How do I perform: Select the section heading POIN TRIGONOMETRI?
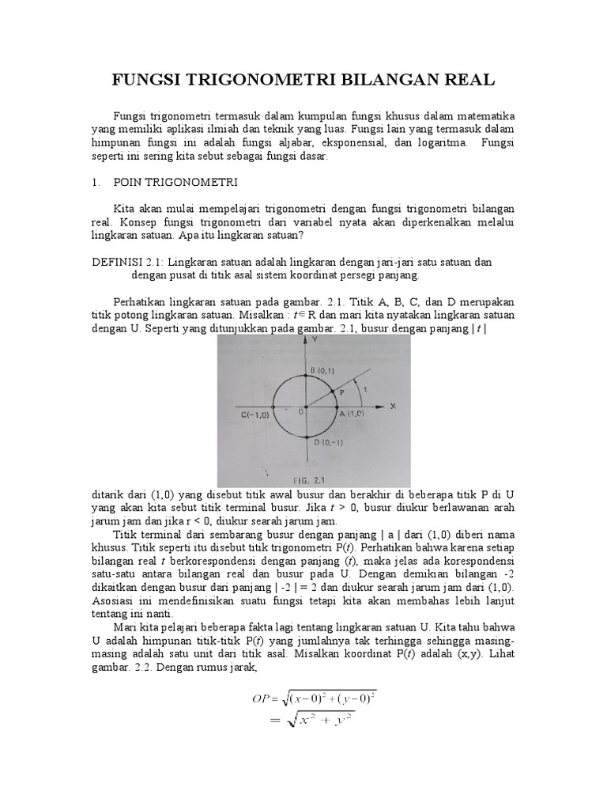point(176,183)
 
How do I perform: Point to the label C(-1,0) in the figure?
point(254,413)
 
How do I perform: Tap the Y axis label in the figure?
point(314,339)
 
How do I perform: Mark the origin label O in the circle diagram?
point(300,411)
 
